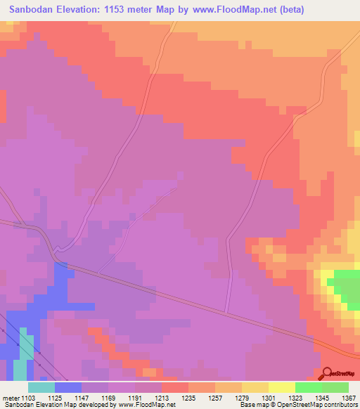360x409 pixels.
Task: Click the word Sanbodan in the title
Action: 33,10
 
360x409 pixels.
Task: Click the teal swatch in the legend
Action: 41,387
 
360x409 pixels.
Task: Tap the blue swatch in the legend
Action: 67,387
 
